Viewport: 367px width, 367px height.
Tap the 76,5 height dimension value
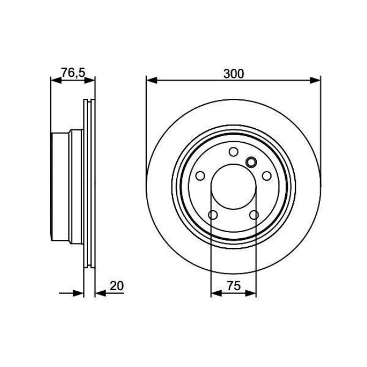73,73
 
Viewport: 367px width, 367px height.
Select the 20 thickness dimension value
116,286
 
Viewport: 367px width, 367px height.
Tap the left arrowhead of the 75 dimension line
215,293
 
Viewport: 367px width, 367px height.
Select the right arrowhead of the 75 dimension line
252,293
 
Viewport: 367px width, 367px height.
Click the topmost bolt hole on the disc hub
233,151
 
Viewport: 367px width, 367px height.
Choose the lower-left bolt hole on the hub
213,215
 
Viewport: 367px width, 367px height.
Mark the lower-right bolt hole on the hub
254,215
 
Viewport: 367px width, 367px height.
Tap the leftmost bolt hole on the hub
200,176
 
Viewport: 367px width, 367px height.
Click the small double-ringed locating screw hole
252,163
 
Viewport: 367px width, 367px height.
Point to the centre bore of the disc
233,186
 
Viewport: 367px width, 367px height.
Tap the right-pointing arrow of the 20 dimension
80,293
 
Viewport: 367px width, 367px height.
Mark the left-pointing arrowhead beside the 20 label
99,293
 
